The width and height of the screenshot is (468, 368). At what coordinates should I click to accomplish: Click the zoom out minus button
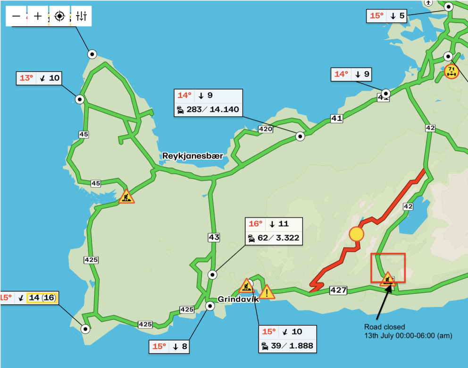pyautogui.click(x=16, y=16)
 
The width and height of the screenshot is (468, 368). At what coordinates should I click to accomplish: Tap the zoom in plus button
pyautogui.click(x=38, y=16)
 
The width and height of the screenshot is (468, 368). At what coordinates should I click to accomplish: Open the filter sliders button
pyautogui.click(x=81, y=16)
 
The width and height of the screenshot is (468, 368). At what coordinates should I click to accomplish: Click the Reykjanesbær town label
pyautogui.click(x=192, y=156)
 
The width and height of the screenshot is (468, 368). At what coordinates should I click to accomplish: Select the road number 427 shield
pyautogui.click(x=339, y=290)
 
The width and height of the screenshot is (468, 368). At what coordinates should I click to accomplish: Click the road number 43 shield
pyautogui.click(x=214, y=237)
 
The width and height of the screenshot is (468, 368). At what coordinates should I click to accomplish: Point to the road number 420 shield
pyautogui.click(x=266, y=129)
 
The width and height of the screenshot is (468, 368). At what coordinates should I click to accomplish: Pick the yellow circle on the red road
pyautogui.click(x=356, y=233)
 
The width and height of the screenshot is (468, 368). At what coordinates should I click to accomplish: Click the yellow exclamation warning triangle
pyautogui.click(x=267, y=292)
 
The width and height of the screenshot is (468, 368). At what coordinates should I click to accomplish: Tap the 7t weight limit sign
pyautogui.click(x=451, y=72)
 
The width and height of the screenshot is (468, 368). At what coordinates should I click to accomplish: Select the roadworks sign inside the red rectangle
pyautogui.click(x=388, y=279)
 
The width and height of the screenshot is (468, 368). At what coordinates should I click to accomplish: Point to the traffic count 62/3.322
pyautogui.click(x=274, y=238)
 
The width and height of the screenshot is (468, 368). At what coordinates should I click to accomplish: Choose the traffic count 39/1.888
pyautogui.click(x=287, y=346)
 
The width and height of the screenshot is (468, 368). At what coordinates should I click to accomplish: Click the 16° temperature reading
pyautogui.click(x=255, y=224)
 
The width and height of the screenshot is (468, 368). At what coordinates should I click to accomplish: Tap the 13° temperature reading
pyautogui.click(x=26, y=78)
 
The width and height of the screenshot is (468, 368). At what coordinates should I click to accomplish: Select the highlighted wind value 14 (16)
pyautogui.click(x=42, y=298)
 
